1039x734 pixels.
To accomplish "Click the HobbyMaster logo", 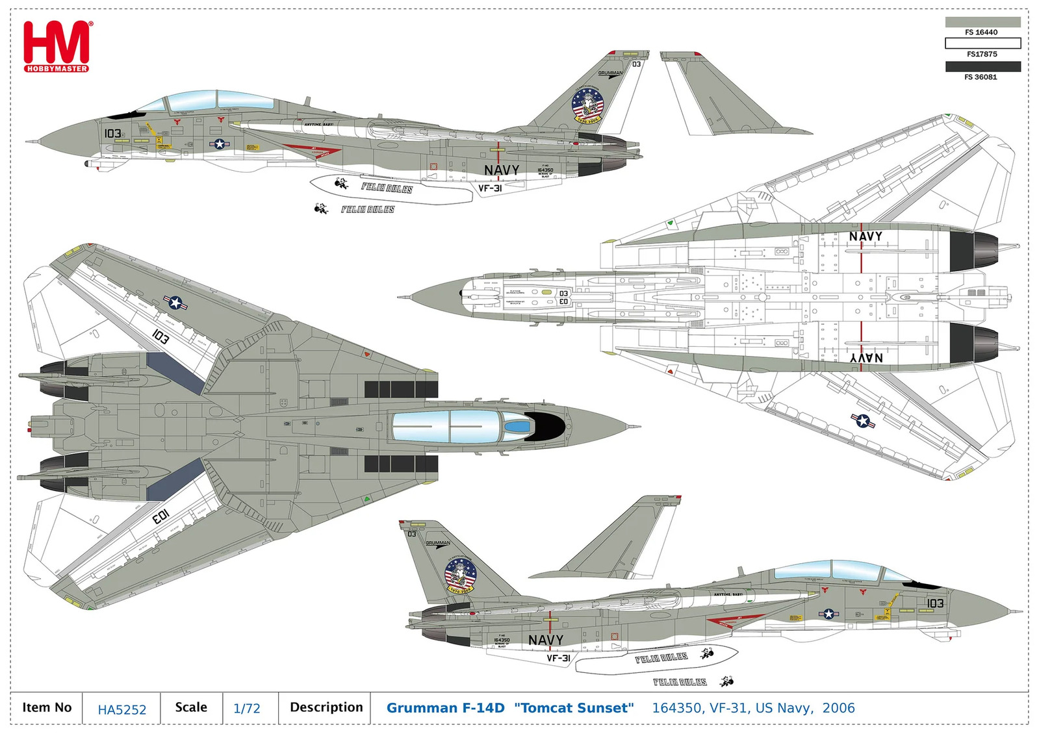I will pos(57,46).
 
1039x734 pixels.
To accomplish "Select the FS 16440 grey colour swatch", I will pos(982,21).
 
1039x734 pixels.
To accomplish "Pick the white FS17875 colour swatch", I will pos(982,44).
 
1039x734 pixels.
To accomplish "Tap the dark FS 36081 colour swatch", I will pos(982,66).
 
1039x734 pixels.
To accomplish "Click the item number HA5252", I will pos(122,710).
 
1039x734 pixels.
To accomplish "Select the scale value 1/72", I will pos(247,709).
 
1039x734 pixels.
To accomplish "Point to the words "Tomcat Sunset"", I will pos(574,708).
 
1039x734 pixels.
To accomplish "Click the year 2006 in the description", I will pos(838,708).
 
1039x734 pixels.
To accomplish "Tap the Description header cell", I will pos(326,707).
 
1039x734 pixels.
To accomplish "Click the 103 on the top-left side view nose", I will pos(112,133).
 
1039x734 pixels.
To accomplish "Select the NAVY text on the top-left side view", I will pos(502,170).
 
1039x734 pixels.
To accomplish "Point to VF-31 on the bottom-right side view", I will pos(558,658).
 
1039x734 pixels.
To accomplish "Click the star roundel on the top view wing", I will pos(175,302).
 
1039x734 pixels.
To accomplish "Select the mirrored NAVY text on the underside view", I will pos(866,358).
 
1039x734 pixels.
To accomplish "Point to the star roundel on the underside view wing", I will pos(862,421).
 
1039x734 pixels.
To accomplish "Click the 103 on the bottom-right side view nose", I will pos(934,603).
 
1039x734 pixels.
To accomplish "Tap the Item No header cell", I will pos(47,707).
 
